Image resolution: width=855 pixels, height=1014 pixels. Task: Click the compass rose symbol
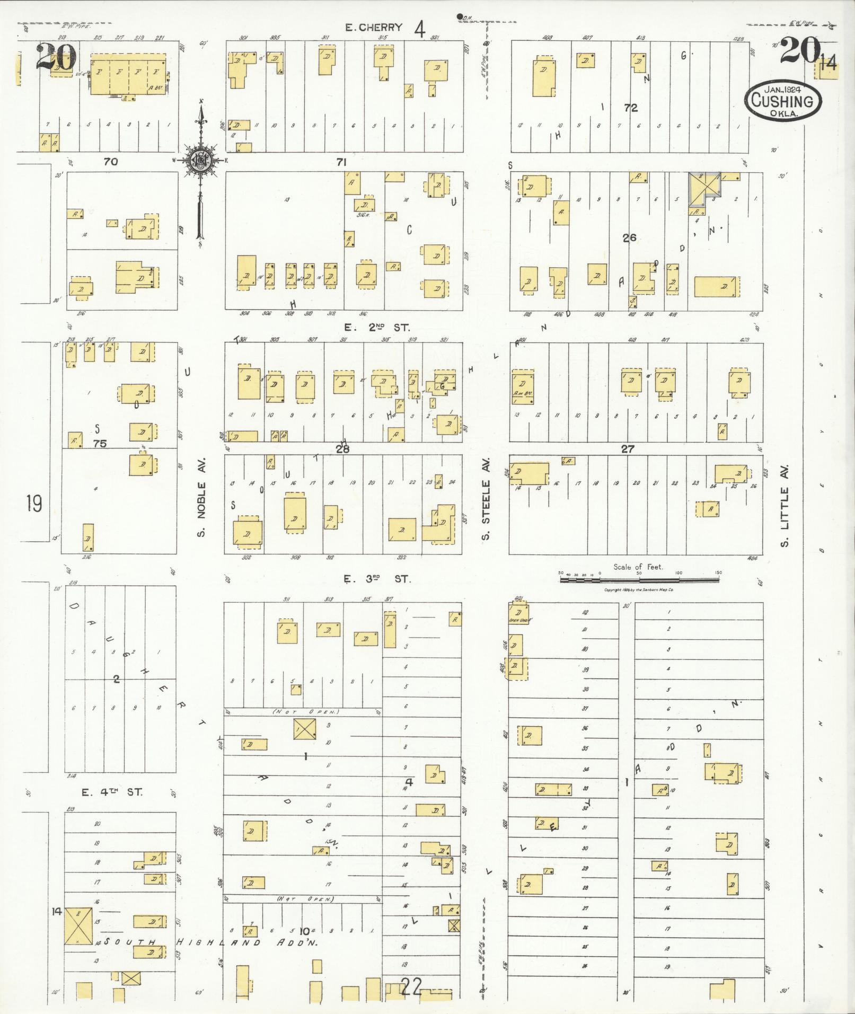point(200,159)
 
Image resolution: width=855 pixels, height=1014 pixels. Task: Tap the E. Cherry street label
point(374,28)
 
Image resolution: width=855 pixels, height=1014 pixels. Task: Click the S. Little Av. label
point(785,506)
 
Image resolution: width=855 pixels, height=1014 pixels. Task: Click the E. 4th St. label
point(112,792)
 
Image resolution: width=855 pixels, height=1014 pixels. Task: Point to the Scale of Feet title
point(638,567)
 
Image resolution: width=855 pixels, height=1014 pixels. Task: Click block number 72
point(630,108)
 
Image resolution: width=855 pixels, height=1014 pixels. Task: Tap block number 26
point(629,237)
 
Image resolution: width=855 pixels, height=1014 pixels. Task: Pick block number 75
point(100,443)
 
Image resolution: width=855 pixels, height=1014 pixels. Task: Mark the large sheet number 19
point(34,502)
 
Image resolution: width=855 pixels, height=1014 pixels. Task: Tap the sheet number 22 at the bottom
point(412,986)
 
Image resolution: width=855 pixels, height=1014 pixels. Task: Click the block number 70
point(110,162)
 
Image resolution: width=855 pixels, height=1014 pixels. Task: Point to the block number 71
point(341,162)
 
